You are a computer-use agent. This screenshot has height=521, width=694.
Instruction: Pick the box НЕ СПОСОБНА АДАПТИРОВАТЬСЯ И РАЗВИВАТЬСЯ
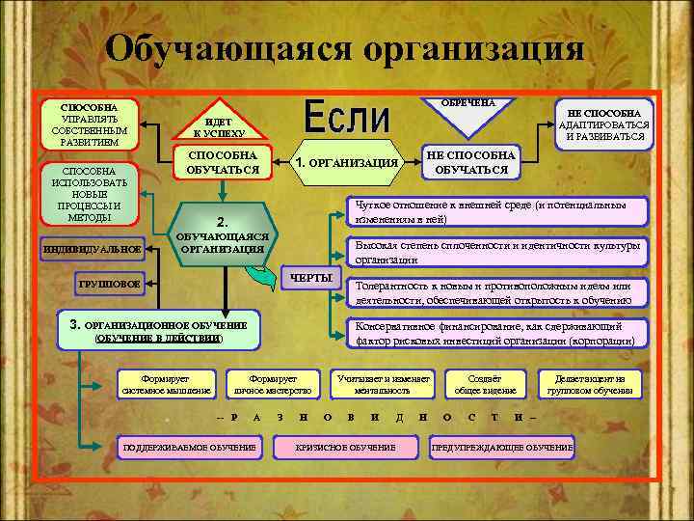coord(605,124)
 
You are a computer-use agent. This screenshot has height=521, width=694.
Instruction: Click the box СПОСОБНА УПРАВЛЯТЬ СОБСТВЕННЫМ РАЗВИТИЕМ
coord(89,123)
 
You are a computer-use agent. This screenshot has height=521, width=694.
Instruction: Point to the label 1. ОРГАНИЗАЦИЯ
coord(348,162)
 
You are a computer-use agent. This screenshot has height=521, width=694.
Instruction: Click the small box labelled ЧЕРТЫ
coord(310,279)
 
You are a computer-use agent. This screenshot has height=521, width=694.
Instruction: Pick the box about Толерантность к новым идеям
coord(494,293)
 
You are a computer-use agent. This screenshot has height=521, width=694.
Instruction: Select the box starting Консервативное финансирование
coord(494,334)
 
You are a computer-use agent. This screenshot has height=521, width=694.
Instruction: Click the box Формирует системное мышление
coord(166,384)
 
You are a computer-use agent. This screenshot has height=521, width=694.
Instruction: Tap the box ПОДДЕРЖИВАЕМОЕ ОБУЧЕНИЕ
coord(186,448)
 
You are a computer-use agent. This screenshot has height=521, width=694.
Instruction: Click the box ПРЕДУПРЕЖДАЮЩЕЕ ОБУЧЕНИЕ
coord(502,448)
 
